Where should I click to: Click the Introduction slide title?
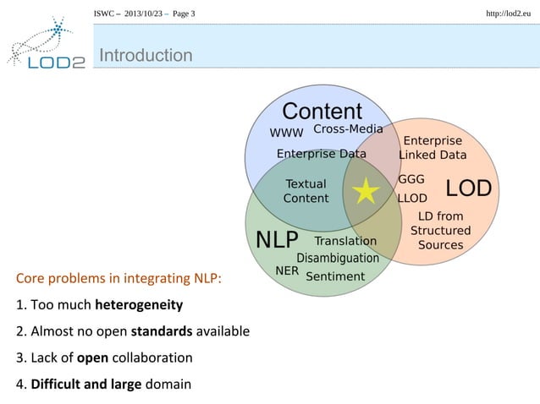[x=146, y=56]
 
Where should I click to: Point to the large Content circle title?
[x=322, y=112]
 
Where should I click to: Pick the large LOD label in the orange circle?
[x=468, y=188]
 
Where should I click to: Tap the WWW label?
[x=286, y=133]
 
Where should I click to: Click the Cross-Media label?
[x=348, y=129]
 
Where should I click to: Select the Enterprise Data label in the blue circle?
[x=322, y=154]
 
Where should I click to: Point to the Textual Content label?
[x=306, y=191]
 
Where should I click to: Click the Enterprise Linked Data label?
[x=433, y=148]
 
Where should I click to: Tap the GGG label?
[x=411, y=179]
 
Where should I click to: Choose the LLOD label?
[x=412, y=200]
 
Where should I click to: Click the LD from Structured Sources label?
[x=440, y=230]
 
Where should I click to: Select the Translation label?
[x=345, y=241]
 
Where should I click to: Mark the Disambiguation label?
[x=338, y=258]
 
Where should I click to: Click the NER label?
[x=288, y=270]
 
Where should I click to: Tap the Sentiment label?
[x=334, y=276]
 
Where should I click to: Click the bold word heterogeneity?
[x=139, y=304]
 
